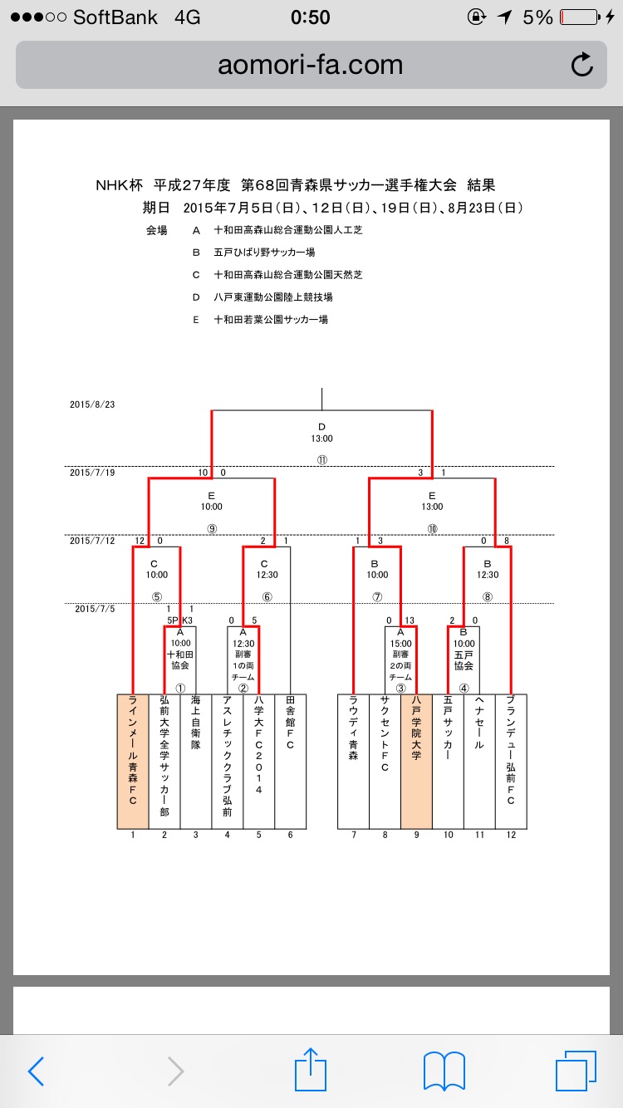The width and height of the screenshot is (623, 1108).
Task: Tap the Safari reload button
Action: (x=582, y=65)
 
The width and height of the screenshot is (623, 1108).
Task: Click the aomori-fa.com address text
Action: (x=310, y=65)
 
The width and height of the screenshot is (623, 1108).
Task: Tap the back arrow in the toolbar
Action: (x=36, y=1071)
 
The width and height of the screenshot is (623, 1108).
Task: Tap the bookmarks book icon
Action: (x=444, y=1071)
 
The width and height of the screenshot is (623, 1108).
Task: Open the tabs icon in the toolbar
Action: (x=576, y=1071)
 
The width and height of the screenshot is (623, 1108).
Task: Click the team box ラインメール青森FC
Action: (x=133, y=761)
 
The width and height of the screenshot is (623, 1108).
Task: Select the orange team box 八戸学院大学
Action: (x=416, y=761)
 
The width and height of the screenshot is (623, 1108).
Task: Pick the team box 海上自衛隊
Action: (x=196, y=761)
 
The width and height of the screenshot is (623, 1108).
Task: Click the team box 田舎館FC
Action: (x=290, y=761)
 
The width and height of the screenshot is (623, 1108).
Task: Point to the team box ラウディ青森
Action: (x=353, y=761)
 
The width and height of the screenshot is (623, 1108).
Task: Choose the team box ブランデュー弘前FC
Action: (x=511, y=761)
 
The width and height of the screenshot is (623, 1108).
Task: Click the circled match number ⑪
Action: (x=321, y=459)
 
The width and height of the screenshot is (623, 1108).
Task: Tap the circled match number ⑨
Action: (x=211, y=527)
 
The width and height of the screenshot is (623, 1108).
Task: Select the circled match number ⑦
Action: (x=376, y=596)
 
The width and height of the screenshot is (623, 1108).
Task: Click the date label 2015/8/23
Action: (x=91, y=404)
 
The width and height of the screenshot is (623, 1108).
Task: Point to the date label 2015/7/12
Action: (x=91, y=541)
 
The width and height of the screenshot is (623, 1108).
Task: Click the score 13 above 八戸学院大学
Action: (x=410, y=620)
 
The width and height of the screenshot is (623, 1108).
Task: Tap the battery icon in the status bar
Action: (x=578, y=17)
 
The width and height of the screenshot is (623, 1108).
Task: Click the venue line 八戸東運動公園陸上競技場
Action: (x=273, y=297)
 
